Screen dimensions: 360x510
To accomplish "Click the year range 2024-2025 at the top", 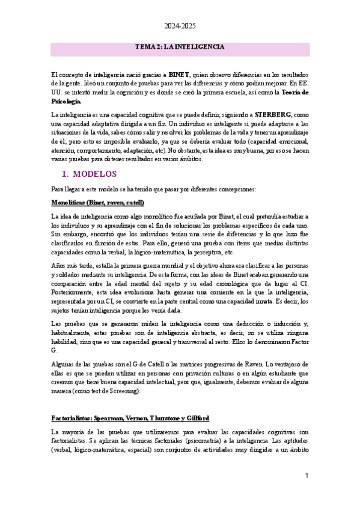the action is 180,26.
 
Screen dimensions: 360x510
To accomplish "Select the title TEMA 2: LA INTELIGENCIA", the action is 180,46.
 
